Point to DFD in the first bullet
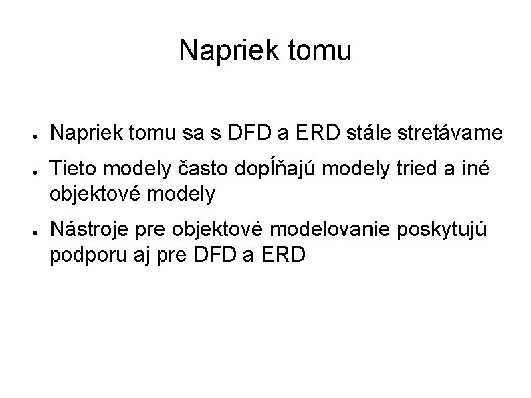pos(245,134)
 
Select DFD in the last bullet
pos(217,254)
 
